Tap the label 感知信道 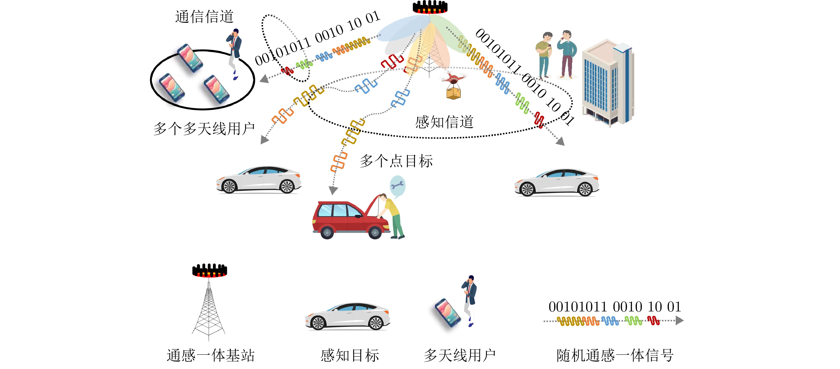[444, 122]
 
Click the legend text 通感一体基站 [210, 355]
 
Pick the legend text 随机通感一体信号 [615, 355]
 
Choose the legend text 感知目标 [350, 355]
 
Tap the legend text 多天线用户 [460, 355]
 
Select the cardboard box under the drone [453, 93]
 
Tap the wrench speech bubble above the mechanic [398, 186]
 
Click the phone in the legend [448, 313]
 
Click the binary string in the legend [615, 307]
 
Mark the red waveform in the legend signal [654, 321]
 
